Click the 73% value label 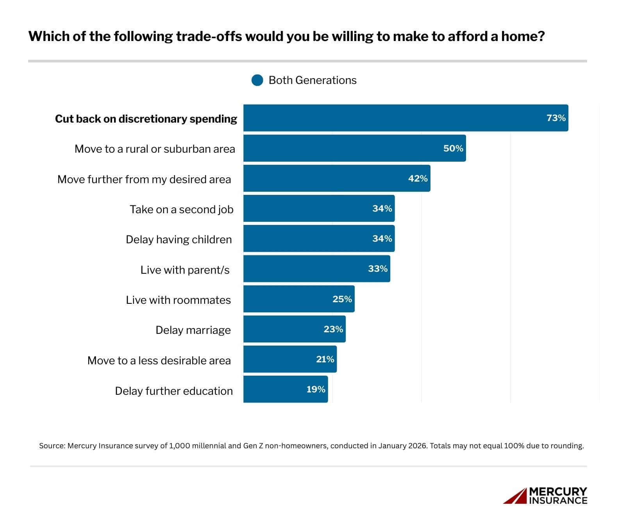556,118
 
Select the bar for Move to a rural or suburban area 344,148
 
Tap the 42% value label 418,178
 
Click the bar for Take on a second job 309,209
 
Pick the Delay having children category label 179,239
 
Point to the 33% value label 378,269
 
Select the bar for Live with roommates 289,299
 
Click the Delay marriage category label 193,330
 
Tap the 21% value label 325,359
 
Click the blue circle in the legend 257,80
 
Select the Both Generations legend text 312,80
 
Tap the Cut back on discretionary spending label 146,119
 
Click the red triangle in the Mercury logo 515,496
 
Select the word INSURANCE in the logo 558,500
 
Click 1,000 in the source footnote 178,446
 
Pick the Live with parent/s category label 185,270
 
